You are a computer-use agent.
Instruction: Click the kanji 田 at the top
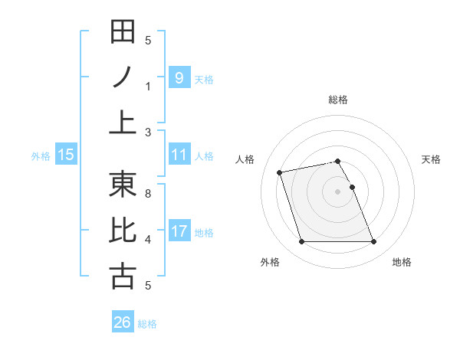123,32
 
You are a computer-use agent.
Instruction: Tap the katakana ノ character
123,77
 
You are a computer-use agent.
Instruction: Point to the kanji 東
123,185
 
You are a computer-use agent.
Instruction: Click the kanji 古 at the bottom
123,277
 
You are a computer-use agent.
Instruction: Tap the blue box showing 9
179,77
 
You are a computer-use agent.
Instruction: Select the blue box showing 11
179,155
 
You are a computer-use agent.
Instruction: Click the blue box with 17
179,231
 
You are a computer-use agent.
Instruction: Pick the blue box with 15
66,155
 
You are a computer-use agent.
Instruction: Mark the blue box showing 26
122,322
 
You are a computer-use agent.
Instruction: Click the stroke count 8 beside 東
148,194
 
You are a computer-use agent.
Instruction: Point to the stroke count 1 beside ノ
148,87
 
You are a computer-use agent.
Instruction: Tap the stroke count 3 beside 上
148,133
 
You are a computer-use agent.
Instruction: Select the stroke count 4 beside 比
148,240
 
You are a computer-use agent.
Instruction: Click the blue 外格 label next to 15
41,155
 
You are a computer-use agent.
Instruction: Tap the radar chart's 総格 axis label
337,100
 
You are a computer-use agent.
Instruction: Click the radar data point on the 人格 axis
280,172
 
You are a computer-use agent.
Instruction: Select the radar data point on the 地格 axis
373,242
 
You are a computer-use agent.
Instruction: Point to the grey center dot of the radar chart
337,191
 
